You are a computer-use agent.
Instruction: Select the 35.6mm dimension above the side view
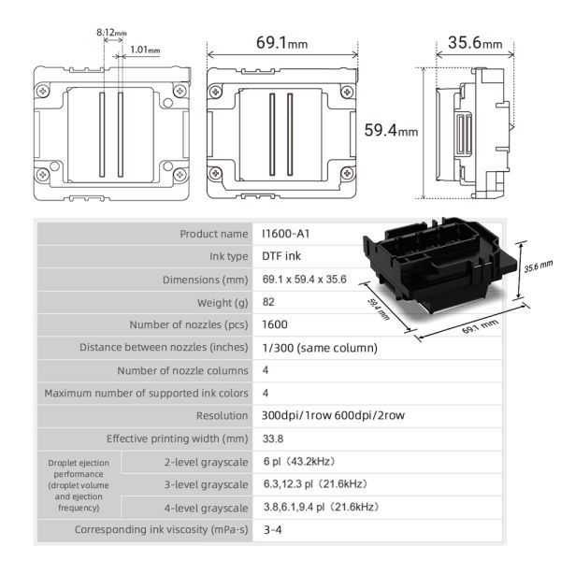pos(474,43)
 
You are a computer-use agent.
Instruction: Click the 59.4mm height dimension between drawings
pos(390,131)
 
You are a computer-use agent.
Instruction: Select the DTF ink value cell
pos(284,256)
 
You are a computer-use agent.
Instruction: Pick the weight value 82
pos(271,302)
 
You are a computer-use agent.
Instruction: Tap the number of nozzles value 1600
pos(276,324)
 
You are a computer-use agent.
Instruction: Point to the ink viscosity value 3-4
pos(274,530)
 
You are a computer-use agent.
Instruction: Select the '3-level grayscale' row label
pos(205,484)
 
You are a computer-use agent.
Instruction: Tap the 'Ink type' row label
pos(227,256)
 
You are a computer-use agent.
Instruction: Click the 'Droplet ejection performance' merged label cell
pos(79,484)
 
